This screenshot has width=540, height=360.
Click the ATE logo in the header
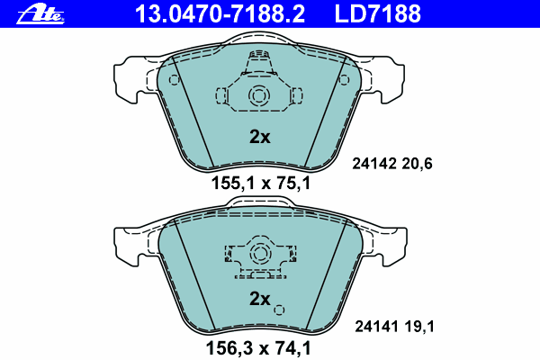[40, 14]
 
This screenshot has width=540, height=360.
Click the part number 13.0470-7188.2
[220, 13]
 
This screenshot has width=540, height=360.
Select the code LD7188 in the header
[377, 13]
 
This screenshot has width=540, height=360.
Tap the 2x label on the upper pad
[260, 137]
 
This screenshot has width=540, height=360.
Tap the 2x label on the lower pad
[260, 299]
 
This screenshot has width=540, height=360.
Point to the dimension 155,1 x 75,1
[261, 183]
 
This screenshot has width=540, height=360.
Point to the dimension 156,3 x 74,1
[258, 348]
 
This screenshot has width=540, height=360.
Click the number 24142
[374, 164]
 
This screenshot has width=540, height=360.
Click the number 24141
[377, 326]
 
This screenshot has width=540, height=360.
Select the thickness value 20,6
[417, 164]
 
